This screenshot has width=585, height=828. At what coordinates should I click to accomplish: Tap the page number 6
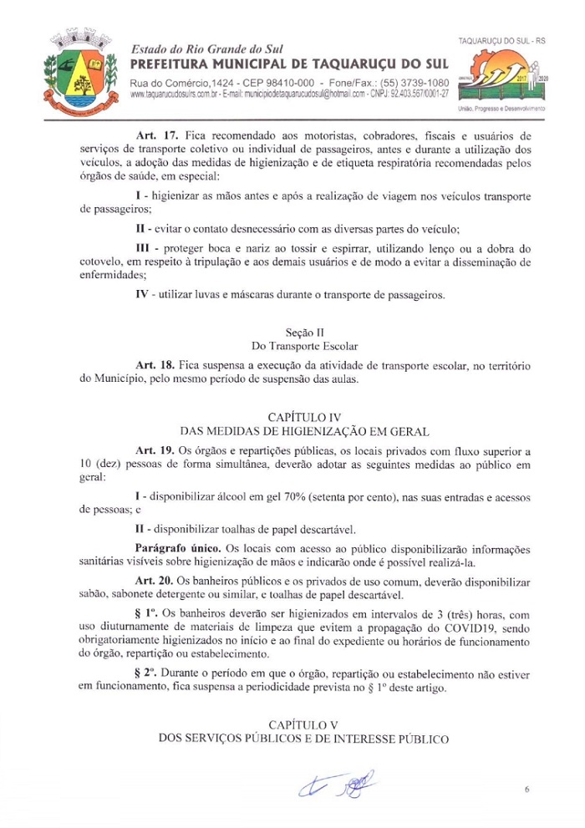(527, 788)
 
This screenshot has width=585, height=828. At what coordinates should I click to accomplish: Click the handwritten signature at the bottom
(334, 785)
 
